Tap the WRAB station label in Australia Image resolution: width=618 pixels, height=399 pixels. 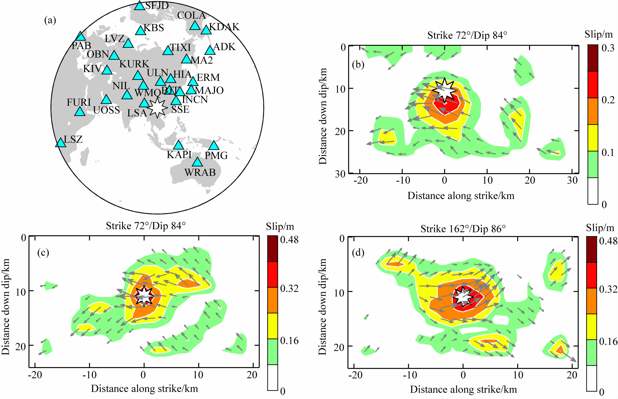coord(200,172)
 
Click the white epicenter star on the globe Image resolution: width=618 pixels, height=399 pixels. coord(157,108)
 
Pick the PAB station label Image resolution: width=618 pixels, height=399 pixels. coord(81,46)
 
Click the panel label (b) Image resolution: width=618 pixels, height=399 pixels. coord(358,64)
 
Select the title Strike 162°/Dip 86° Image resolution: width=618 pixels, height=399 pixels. coord(463,229)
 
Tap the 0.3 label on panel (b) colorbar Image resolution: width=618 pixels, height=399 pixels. coord(608,48)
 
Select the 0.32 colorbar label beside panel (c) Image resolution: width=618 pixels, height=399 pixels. coord(289,288)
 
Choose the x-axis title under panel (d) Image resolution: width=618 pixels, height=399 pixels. coord(463,389)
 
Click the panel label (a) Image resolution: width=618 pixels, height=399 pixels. coord(50,20)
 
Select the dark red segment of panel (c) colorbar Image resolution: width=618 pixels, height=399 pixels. coord(272,248)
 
